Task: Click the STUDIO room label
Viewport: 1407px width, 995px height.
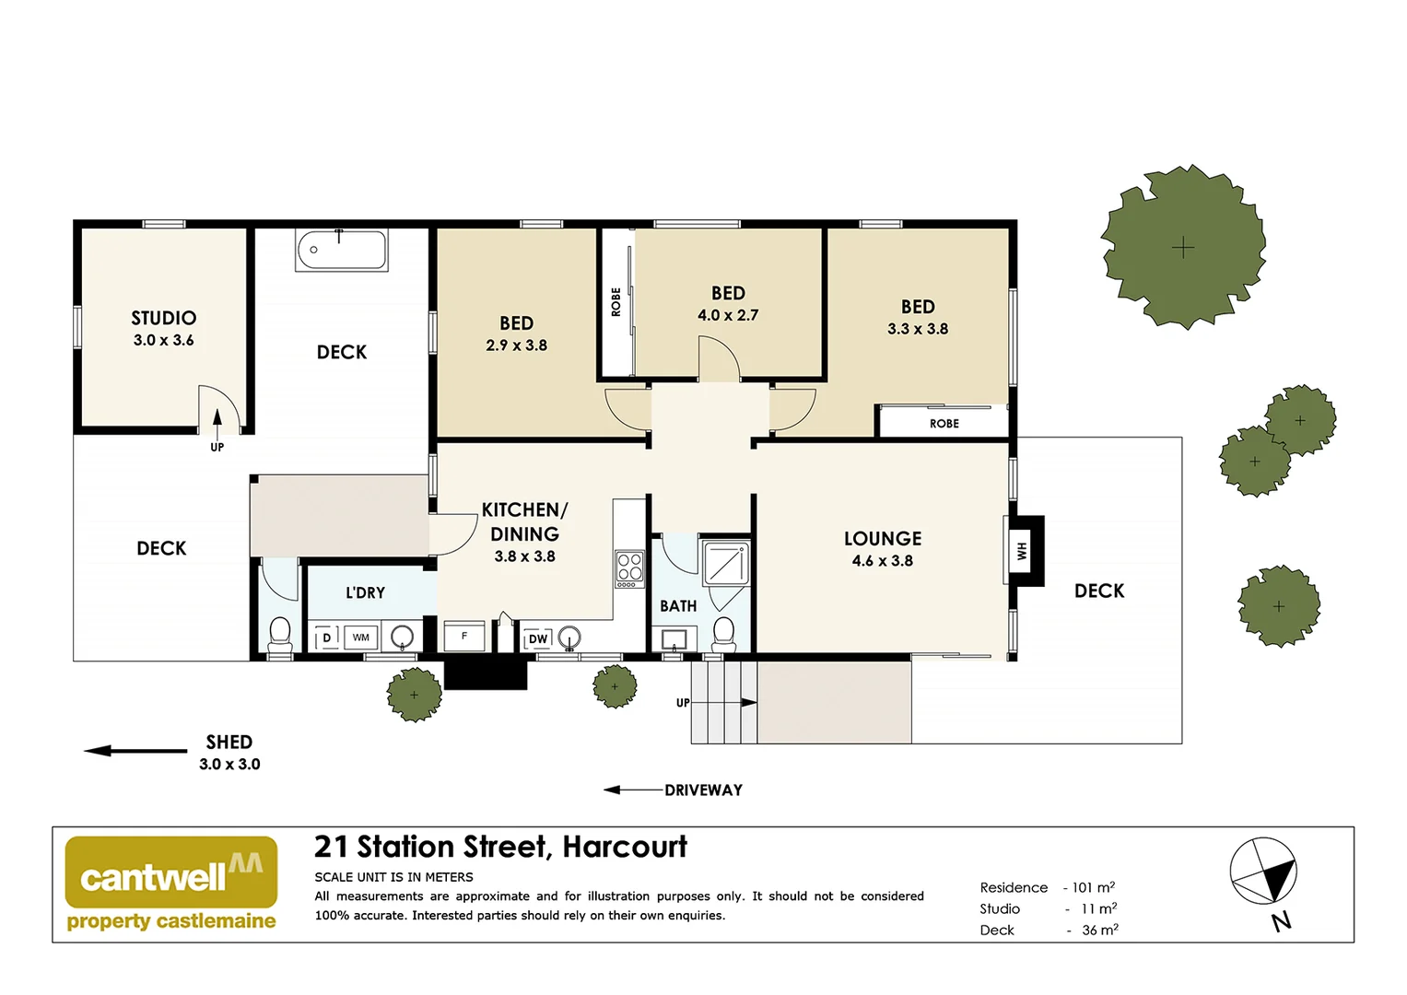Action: click(x=163, y=319)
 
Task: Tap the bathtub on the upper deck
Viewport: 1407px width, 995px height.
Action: click(x=341, y=250)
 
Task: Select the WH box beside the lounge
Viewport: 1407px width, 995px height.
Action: click(x=1022, y=551)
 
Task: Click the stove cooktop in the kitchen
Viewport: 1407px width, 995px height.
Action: click(x=629, y=569)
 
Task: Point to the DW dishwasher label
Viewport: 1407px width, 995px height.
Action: click(x=538, y=638)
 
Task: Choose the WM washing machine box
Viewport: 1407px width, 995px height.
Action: click(x=361, y=638)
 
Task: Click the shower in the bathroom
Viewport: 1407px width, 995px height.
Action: click(x=726, y=563)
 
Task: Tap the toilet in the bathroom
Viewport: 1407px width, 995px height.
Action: click(x=724, y=633)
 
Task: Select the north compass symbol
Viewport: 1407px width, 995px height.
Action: click(x=1263, y=872)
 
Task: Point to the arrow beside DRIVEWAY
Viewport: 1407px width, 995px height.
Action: click(x=633, y=790)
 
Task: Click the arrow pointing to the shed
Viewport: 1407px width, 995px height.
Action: click(x=135, y=751)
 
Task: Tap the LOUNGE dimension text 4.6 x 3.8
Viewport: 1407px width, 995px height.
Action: click(x=882, y=561)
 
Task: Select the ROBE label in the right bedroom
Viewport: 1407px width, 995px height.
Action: click(x=944, y=424)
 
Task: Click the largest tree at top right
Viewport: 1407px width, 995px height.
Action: click(x=1183, y=247)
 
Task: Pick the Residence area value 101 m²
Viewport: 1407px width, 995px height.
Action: click(x=1093, y=887)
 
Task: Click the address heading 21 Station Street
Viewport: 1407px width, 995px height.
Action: click(x=500, y=847)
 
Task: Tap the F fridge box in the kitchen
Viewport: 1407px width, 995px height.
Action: click(x=464, y=637)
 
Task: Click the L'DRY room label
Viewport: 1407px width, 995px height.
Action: click(x=365, y=593)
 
